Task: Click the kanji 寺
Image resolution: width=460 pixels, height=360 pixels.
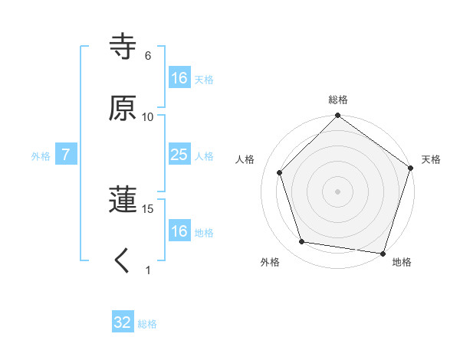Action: click(123, 47)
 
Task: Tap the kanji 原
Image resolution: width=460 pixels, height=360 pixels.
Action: click(123, 109)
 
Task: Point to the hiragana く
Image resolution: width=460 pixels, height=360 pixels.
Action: click(123, 261)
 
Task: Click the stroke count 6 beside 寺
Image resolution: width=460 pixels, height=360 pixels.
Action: click(148, 56)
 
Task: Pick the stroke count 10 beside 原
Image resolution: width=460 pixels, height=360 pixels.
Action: click(148, 117)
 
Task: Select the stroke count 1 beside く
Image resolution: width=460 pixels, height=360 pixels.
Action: click(148, 270)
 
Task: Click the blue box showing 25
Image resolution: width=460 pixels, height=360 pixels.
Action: click(179, 155)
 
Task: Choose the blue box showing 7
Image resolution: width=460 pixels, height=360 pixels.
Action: click(66, 155)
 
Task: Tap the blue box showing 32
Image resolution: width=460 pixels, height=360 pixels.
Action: click(123, 322)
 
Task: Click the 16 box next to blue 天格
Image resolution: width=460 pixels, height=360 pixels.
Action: click(179, 78)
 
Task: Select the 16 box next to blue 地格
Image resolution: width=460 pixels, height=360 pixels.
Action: click(179, 231)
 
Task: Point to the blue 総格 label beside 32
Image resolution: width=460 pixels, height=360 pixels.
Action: click(147, 324)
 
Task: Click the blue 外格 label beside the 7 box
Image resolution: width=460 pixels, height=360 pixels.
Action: click(41, 156)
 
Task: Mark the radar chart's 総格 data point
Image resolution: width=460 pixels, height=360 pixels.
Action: click(337, 117)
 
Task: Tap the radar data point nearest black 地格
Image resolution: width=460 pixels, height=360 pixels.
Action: click(382, 252)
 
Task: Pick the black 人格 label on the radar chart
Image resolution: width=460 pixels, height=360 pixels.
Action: click(245, 159)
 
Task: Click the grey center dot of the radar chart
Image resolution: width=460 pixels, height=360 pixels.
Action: click(337, 191)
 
